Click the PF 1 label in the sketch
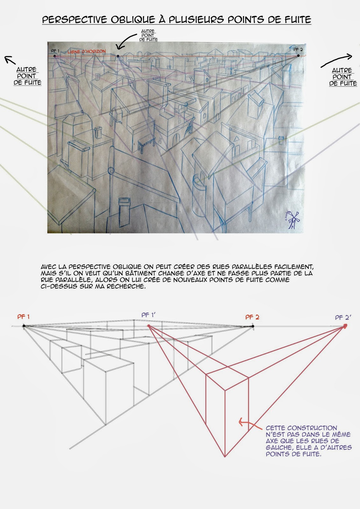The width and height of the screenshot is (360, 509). tap(55, 51)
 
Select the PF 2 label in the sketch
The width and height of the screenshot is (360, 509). tap(298, 49)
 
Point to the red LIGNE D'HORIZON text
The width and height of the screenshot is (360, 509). tap(87, 52)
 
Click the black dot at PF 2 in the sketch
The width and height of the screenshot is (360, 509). tap(298, 56)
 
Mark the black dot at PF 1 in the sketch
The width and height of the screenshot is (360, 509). tap(55, 56)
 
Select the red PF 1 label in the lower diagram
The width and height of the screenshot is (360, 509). tap(24, 317)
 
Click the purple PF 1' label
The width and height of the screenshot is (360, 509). tap(148, 315)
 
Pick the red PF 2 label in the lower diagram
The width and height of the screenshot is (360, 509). tap(252, 317)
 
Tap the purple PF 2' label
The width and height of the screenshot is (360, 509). tap(343, 317)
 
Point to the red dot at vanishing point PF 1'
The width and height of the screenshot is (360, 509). tap(148, 326)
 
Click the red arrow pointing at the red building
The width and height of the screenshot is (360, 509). tap(247, 422)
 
